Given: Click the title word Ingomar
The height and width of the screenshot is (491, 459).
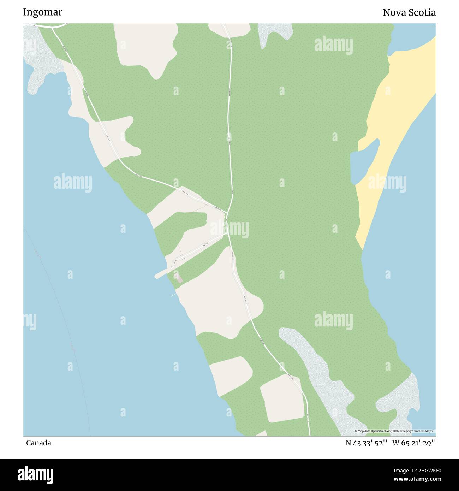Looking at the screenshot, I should pyautogui.click(x=42, y=12).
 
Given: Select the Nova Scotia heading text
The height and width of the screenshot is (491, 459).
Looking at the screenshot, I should pyautogui.click(x=409, y=13).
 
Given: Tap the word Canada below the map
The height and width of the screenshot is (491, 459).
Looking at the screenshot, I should pyautogui.click(x=38, y=443).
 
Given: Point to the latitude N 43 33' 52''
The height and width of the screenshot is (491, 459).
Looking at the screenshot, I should pyautogui.click(x=367, y=443).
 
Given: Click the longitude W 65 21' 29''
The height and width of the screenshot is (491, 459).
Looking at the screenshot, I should pyautogui.click(x=414, y=443).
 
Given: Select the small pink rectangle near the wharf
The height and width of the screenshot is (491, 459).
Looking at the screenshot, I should pyautogui.click(x=179, y=277).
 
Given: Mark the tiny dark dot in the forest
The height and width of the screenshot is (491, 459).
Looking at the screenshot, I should pyautogui.click(x=211, y=138).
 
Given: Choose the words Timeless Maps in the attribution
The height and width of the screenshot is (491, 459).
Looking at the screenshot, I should pyautogui.click(x=425, y=431).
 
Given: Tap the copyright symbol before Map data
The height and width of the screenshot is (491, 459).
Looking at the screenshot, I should pyautogui.click(x=356, y=431).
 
